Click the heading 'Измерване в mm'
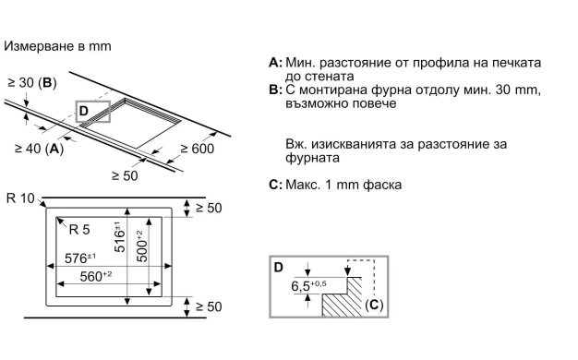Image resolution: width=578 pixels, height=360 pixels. point(57,46)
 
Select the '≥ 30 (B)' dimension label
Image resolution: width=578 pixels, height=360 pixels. point(32,83)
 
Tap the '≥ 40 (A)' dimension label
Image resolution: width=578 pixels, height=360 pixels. point(39,149)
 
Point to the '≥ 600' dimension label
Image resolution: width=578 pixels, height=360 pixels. point(198,149)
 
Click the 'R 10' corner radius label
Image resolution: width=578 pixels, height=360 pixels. point(20,198)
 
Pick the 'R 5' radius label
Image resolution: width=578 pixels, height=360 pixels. point(79,230)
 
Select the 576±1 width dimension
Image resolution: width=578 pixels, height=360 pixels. point(80,258)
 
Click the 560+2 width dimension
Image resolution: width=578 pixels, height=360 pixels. point(96,276)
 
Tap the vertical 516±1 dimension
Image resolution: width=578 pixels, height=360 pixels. point(120,236)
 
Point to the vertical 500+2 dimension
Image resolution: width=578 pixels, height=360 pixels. point(142,246)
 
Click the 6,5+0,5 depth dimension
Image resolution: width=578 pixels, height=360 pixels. point(308,286)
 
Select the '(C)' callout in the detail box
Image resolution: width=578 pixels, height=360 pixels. point(374,306)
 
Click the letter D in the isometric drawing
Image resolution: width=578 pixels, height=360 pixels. point(84,111)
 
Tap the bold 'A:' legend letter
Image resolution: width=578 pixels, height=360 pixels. point(276,63)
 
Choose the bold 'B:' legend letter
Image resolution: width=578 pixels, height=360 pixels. point(276,90)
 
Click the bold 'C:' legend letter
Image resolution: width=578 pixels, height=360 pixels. point(276,185)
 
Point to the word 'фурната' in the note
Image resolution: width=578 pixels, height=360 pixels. point(312,158)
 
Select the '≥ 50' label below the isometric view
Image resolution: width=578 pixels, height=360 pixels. point(125,175)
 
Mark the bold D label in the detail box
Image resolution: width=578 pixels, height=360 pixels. point(279,267)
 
